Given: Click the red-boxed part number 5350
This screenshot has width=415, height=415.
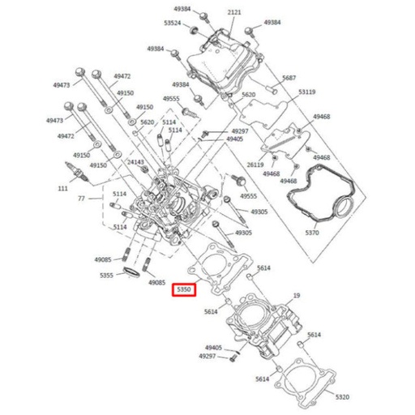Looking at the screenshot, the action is (x=184, y=289).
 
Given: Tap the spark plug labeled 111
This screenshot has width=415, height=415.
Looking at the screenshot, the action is (x=77, y=172).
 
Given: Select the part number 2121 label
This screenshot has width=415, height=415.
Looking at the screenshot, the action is (x=234, y=12).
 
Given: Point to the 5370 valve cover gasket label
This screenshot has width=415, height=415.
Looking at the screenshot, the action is (x=312, y=233).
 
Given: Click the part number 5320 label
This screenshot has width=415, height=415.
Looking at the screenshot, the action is (x=342, y=397).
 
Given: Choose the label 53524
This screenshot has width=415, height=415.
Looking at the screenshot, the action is (x=172, y=23).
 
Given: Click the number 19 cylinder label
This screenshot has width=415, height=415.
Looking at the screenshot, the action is (x=297, y=296).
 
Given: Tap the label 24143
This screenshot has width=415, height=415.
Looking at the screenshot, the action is (x=135, y=162).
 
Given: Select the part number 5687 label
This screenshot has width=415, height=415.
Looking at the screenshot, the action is (x=289, y=78).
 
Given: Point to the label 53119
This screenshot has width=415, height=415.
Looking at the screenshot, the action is (x=307, y=92).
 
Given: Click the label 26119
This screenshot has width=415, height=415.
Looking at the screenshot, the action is (x=255, y=165).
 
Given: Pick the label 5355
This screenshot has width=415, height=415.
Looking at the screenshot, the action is (x=107, y=276).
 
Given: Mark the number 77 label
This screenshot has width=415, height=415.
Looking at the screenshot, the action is (x=81, y=199).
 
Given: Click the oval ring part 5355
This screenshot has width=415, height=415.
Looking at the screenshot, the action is (x=131, y=272).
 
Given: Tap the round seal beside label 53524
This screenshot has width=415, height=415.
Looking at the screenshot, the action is (x=194, y=30).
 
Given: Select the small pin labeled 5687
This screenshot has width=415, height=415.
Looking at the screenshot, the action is (x=272, y=90).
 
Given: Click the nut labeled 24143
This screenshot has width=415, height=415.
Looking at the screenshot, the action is (x=144, y=169).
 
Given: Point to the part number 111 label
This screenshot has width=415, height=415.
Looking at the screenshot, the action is (x=62, y=188).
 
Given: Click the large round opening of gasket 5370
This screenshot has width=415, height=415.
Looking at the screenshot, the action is (x=344, y=207).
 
